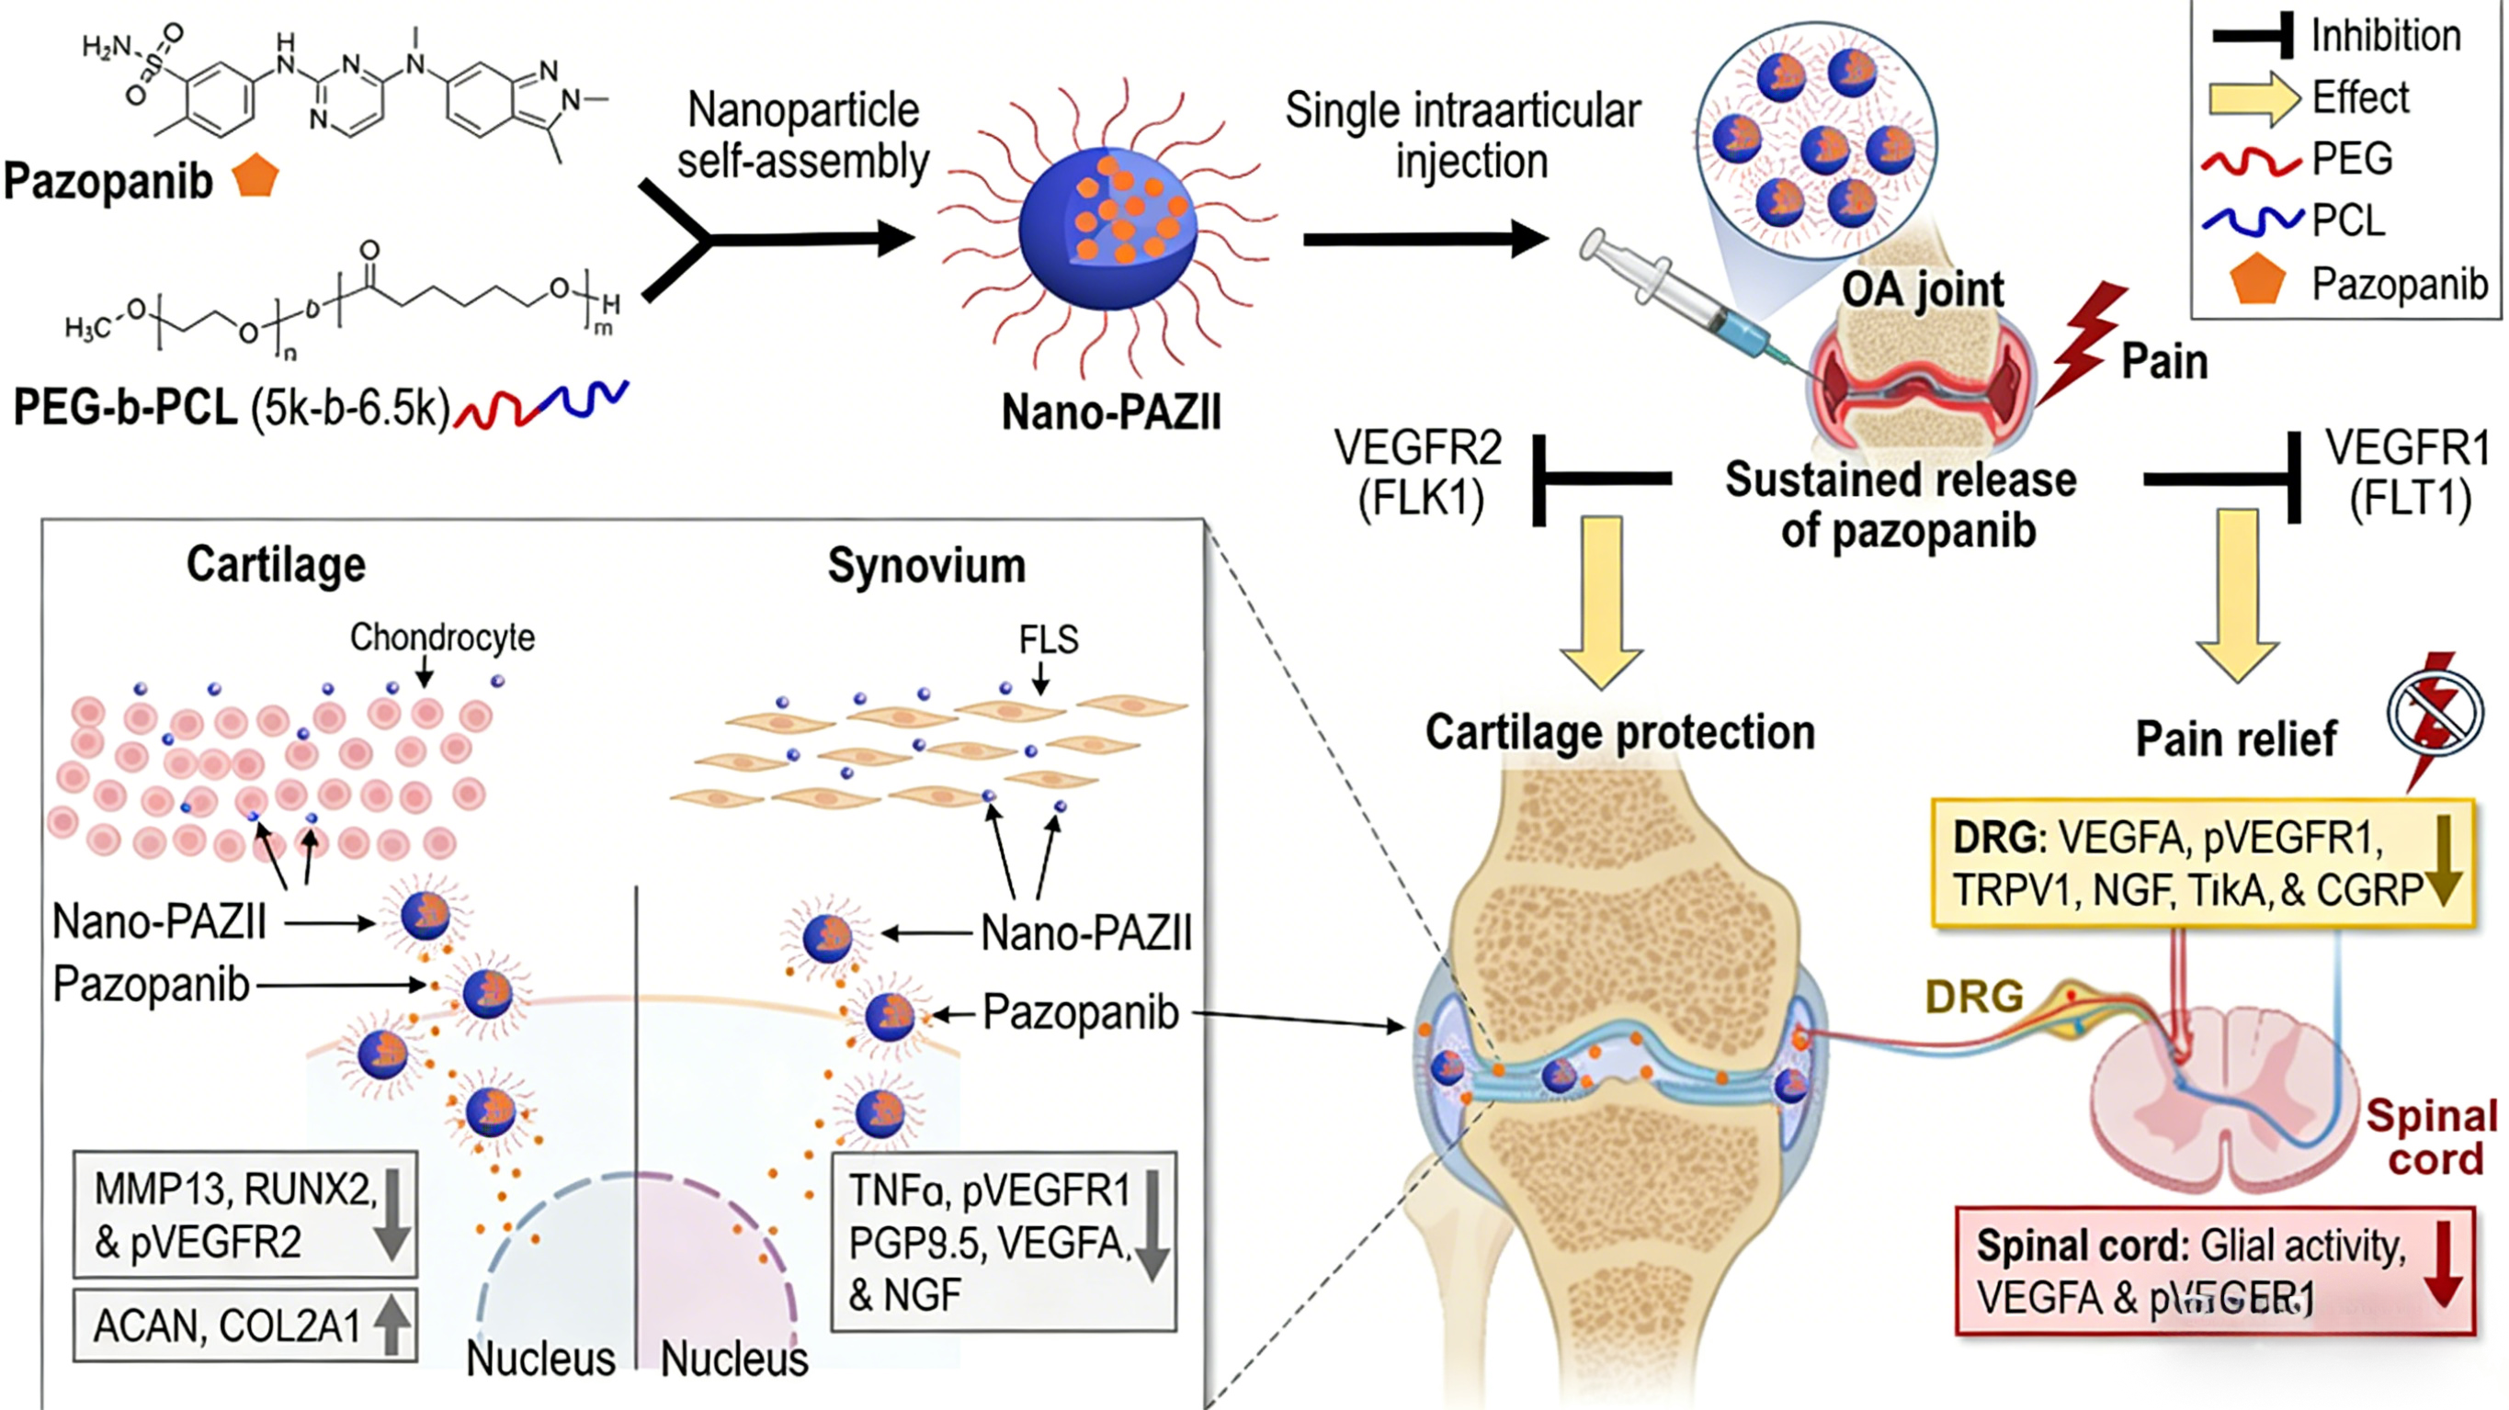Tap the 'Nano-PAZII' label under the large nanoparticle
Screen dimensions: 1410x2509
(1110, 412)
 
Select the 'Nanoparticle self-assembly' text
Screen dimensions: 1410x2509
(803, 135)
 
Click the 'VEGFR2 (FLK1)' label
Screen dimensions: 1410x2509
(1419, 474)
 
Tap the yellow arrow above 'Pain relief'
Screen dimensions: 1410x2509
(2236, 594)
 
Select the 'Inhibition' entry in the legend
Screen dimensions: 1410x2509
(2385, 36)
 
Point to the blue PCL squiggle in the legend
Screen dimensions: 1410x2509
(2251, 221)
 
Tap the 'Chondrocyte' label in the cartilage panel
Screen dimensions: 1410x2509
(442, 637)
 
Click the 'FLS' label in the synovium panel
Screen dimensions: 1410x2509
(1048, 639)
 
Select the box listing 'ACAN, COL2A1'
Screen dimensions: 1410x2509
(244, 1325)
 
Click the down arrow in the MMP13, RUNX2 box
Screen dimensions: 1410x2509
(392, 1214)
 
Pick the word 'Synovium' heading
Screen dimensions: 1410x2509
(926, 566)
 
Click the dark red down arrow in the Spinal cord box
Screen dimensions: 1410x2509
(2443, 1263)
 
